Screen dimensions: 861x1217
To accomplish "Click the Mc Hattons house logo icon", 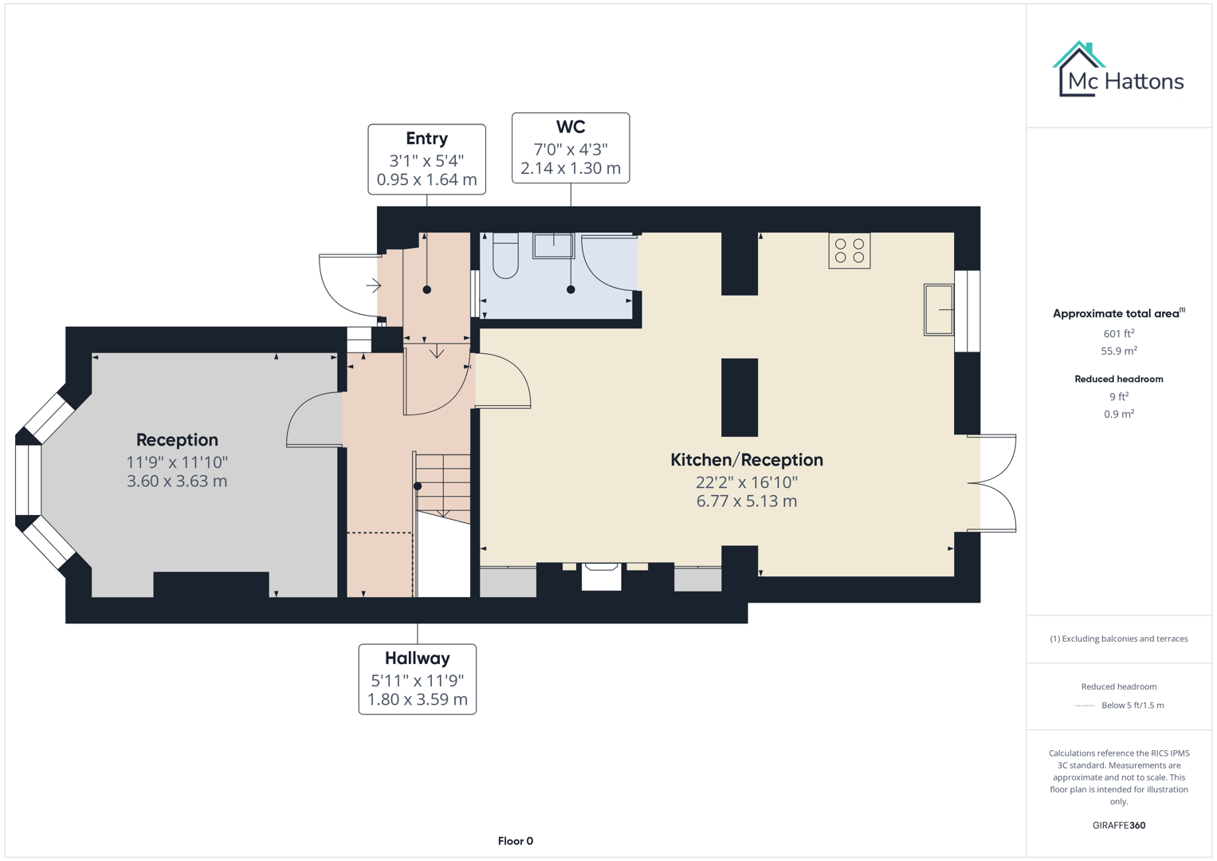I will (1078, 70).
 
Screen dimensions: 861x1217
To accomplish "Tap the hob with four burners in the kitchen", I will (849, 250).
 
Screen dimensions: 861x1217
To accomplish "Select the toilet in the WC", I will (505, 255).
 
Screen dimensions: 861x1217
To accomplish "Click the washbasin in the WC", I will (553, 246).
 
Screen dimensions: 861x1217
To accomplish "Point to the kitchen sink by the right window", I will (938, 309).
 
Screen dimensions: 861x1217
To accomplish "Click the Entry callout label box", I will (426, 159).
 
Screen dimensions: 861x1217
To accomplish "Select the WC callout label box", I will (570, 148).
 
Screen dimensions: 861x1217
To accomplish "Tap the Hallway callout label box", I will (417, 679).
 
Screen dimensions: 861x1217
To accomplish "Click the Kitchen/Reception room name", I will (746, 460).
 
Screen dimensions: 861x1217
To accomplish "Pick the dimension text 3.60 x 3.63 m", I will (177, 482).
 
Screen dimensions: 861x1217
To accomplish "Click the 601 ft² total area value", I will (1118, 334).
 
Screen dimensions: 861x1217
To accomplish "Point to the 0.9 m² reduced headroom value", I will (1118, 414).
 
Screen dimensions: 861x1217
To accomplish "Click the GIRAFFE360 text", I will (1118, 825).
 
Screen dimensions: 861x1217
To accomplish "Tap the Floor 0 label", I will (515, 841).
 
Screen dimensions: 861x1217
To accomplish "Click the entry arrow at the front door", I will (373, 285).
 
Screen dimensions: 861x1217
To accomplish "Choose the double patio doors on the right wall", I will (993, 482).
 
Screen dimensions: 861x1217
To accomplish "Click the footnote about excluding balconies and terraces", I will (1118, 639).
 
